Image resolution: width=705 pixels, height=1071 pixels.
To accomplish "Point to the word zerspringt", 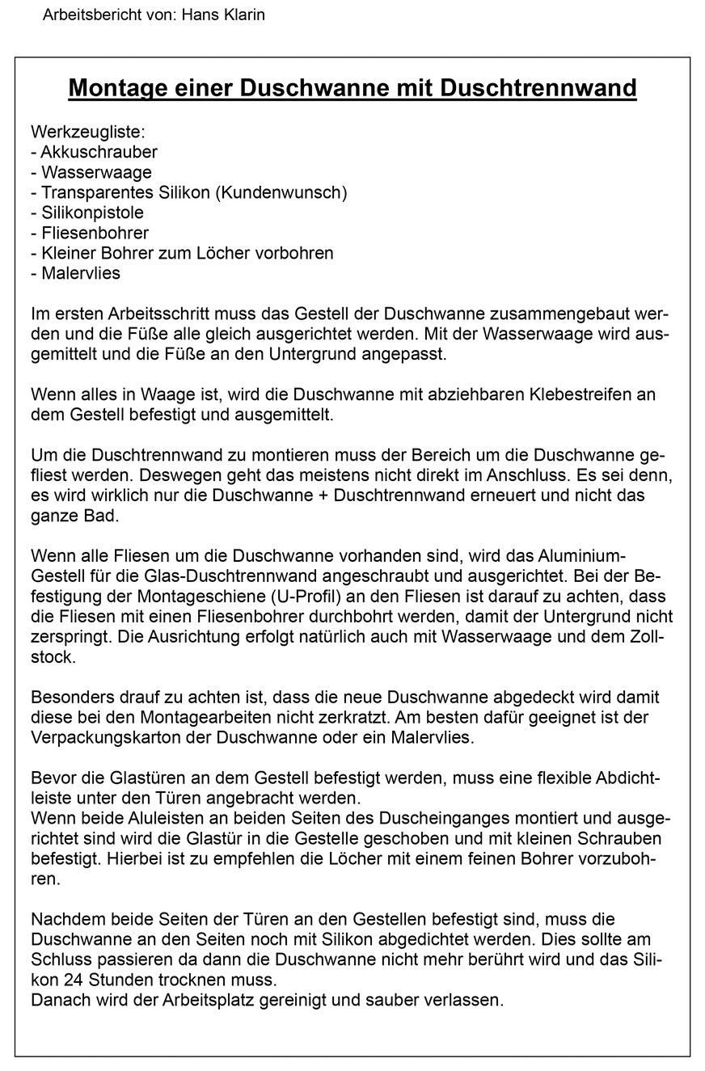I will click(x=70, y=637).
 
